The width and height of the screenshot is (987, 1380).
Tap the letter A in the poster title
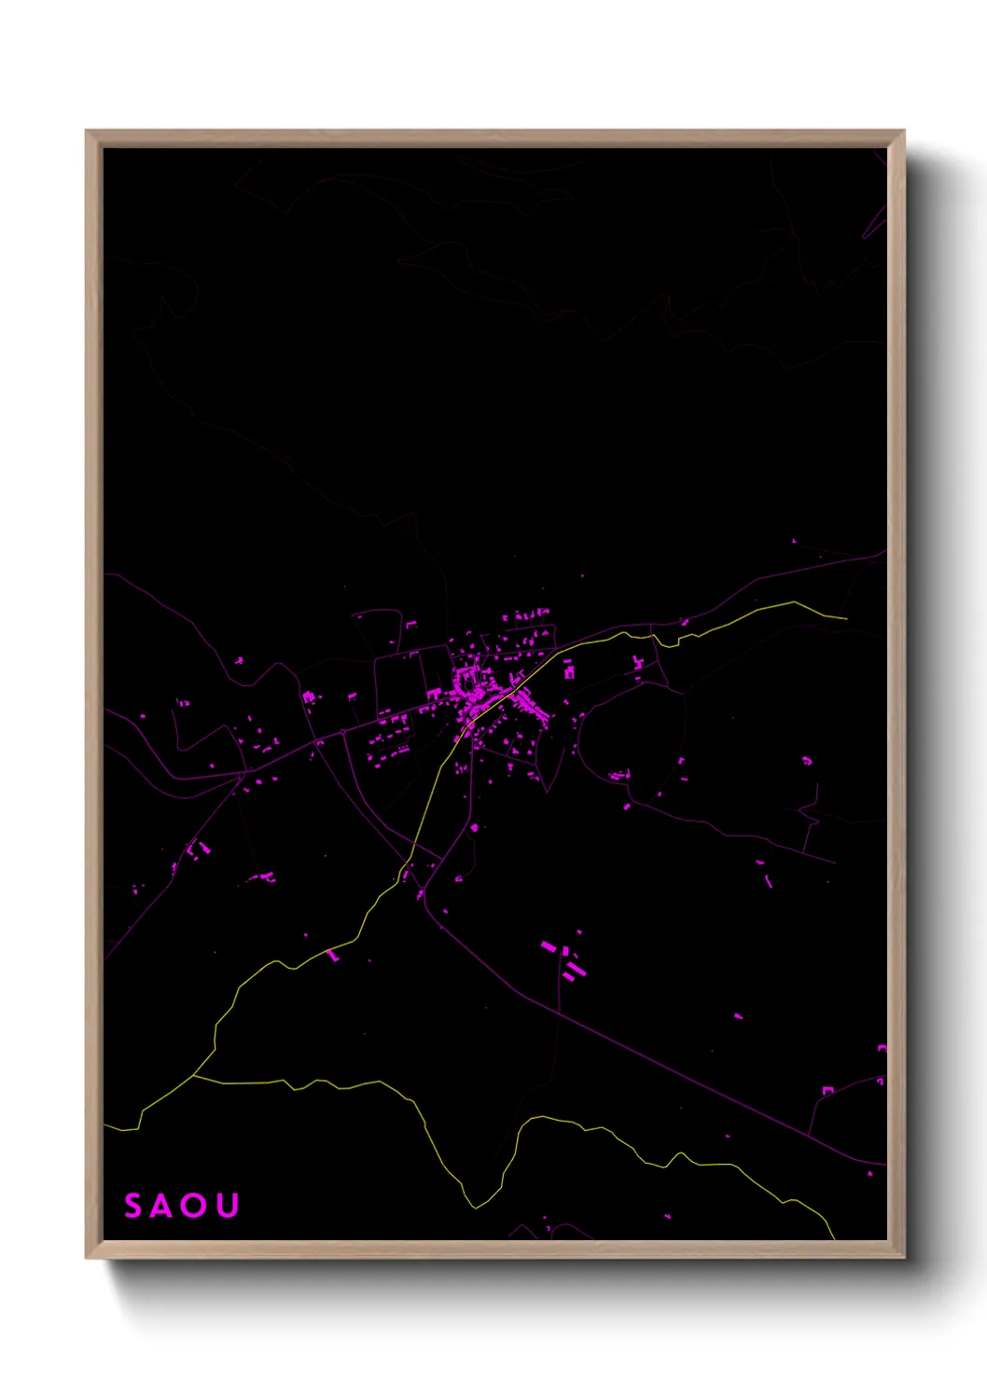click(x=161, y=1206)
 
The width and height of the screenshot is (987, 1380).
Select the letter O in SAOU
click(x=194, y=1206)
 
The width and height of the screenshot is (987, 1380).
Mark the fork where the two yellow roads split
click(x=193, y=1076)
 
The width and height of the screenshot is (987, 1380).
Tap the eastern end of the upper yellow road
click(x=846, y=617)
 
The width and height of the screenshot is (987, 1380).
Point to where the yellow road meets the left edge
click(x=104, y=1126)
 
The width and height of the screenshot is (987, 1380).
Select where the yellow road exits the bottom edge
click(x=833, y=1238)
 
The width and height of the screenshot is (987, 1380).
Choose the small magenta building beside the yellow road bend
click(x=332, y=955)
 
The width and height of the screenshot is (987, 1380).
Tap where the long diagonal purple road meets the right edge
click(x=884, y=1165)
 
